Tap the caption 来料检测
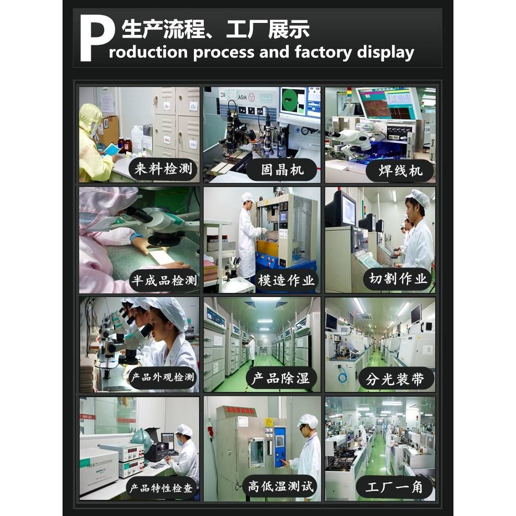pos(163,169)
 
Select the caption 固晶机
pos(282,170)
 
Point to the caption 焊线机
pos(400,170)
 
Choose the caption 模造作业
pos(286,280)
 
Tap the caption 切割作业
pos(398,278)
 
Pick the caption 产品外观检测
pos(162,377)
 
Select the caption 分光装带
pos(396,379)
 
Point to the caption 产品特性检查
pos(161,488)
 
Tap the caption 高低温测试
pos(281,487)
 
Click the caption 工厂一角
pos(394,488)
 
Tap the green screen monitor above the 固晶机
pos(293,100)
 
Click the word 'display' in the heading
pos(386,52)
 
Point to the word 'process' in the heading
pos(225,52)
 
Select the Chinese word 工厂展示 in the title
pos(268,30)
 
